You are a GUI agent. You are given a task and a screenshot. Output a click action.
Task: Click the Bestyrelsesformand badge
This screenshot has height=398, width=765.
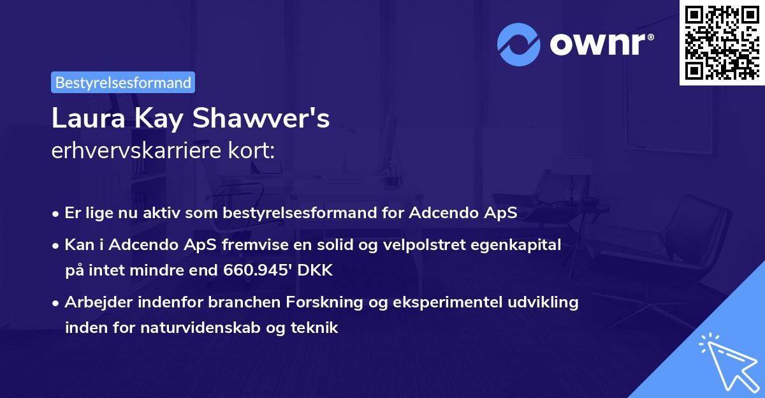tap(123, 82)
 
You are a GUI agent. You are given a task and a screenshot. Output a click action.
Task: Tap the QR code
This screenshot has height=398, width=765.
tap(721, 42)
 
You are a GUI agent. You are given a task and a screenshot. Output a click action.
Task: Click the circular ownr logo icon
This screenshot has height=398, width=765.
tap(519, 44)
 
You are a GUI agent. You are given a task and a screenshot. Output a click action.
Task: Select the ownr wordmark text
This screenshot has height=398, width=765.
tap(601, 44)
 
